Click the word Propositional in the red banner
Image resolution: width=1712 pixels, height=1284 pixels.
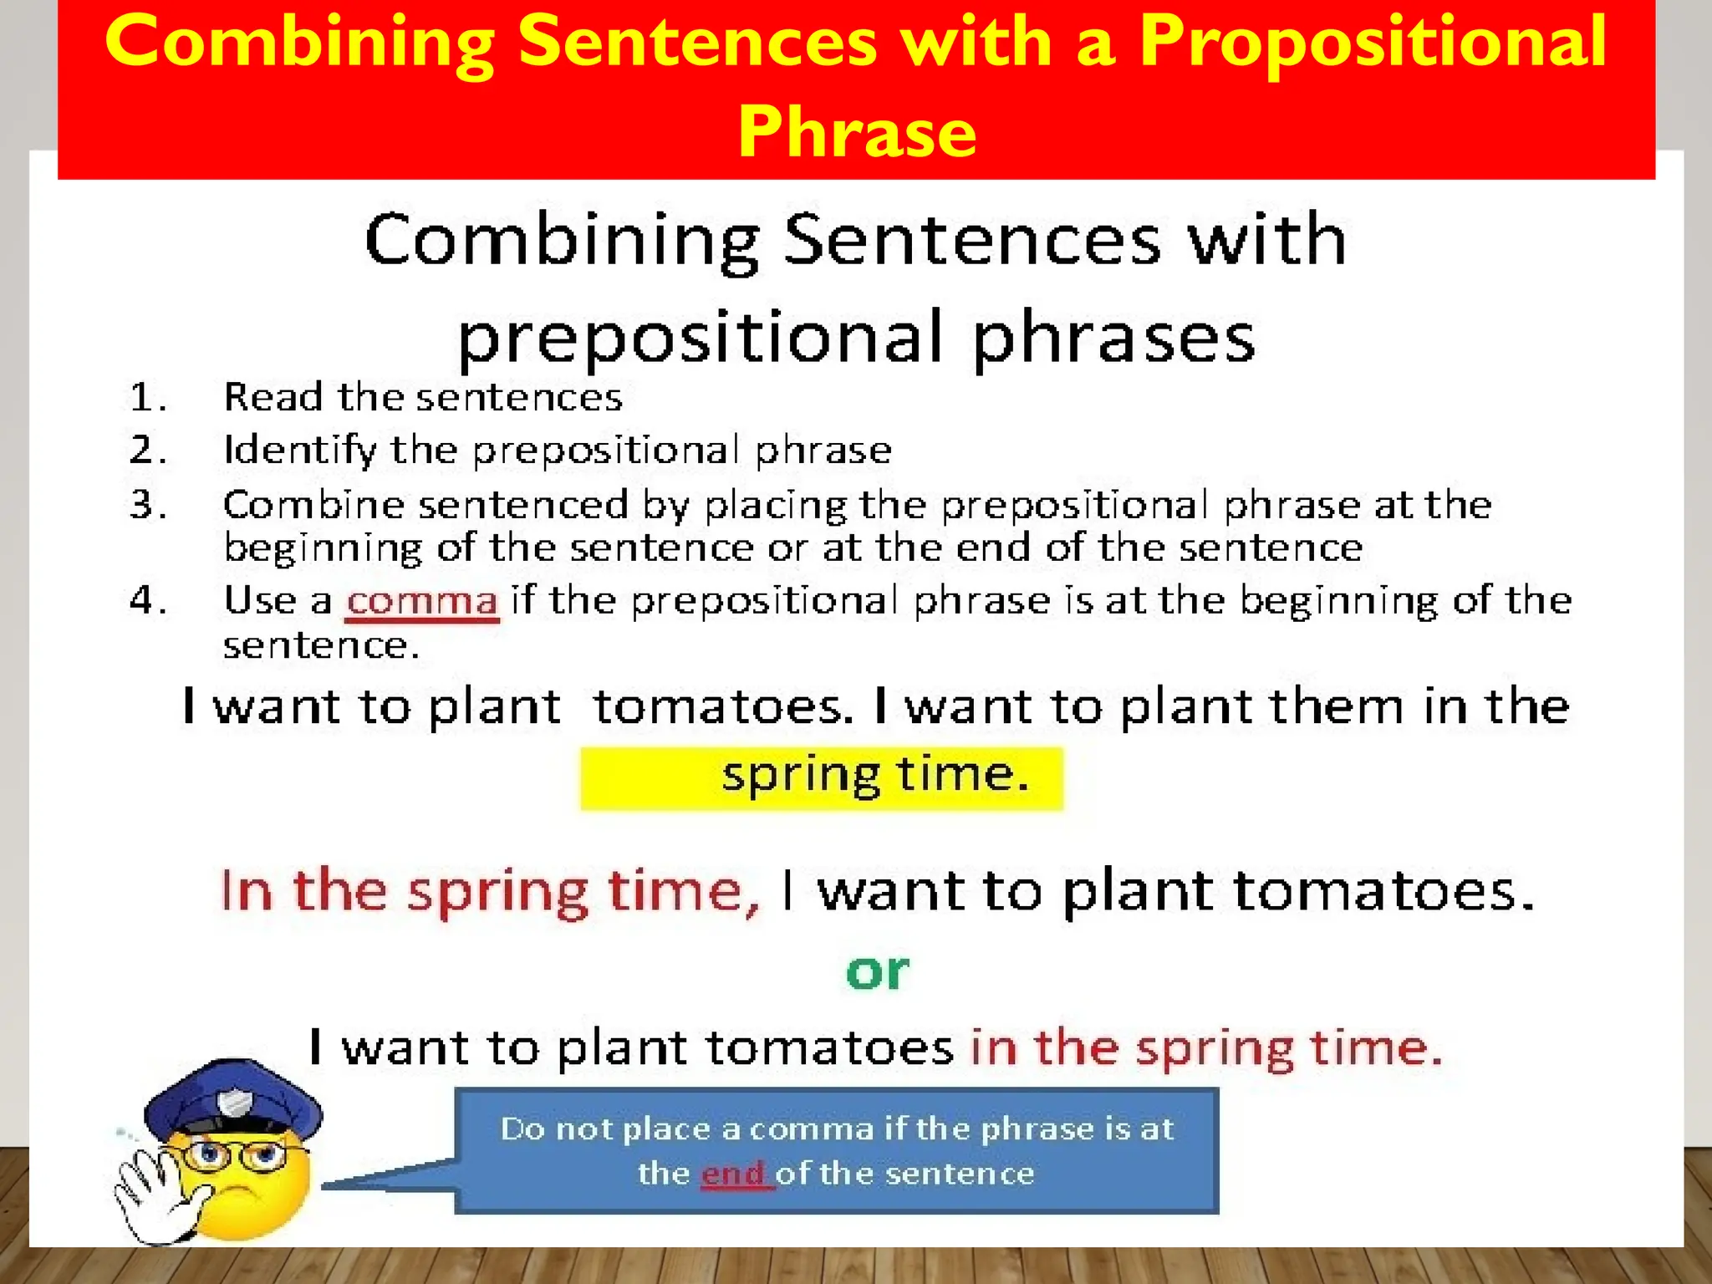[x=1372, y=43]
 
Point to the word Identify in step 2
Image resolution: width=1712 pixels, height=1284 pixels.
[x=299, y=451]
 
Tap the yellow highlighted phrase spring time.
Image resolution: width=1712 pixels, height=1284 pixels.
[x=874, y=776]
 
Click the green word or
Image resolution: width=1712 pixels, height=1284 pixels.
[x=876, y=971]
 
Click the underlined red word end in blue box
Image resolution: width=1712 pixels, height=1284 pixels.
[x=733, y=1174]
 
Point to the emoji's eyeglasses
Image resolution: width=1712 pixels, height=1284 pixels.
[x=234, y=1158]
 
